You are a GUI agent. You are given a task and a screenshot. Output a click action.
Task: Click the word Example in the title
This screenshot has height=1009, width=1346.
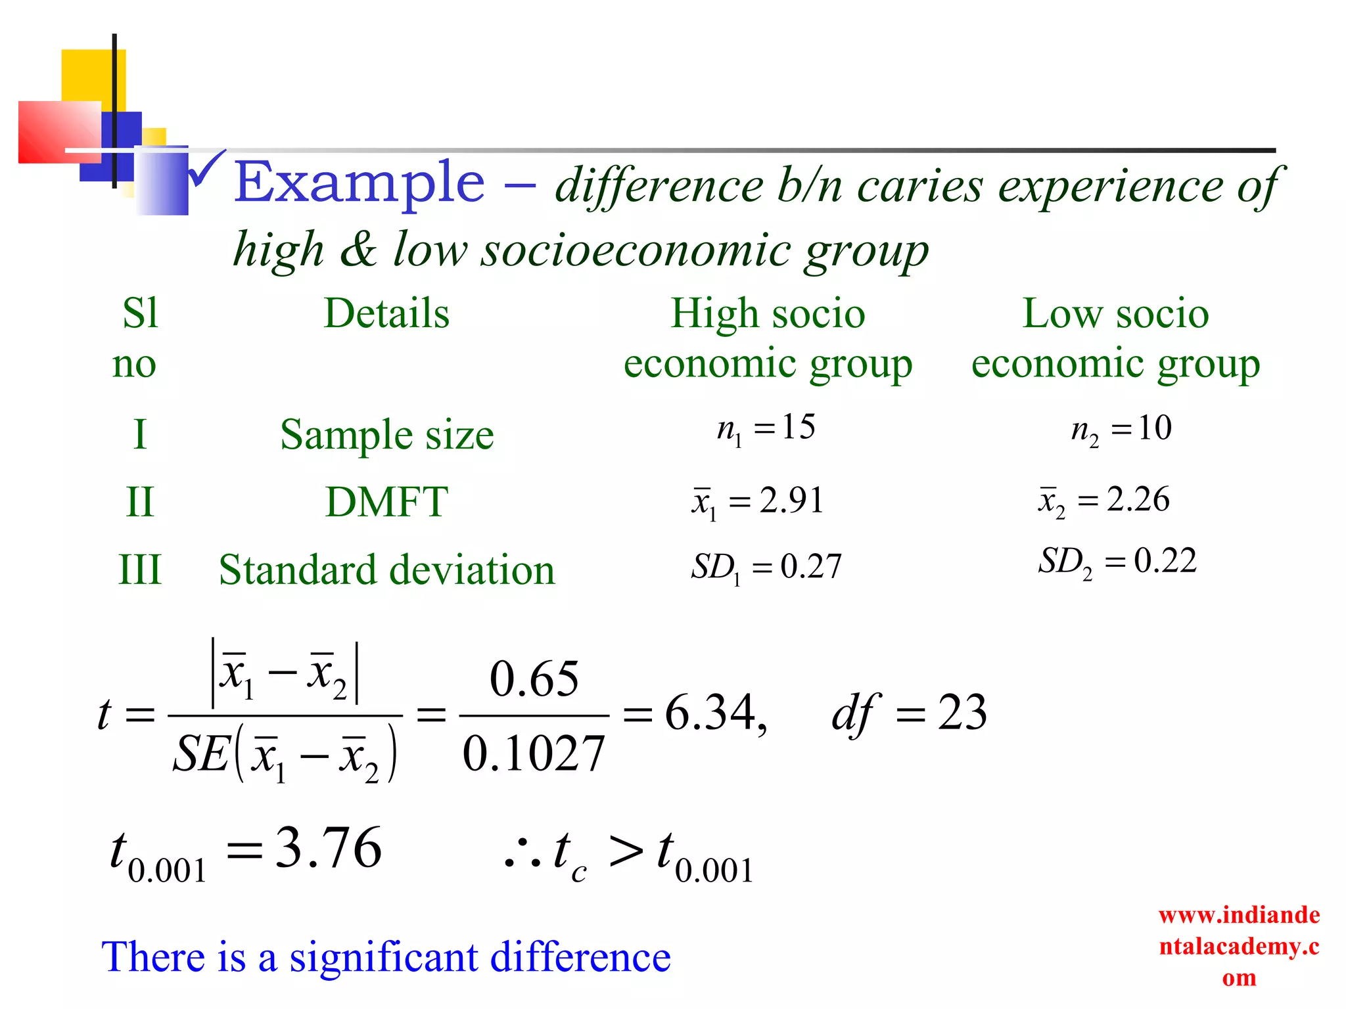(x=360, y=183)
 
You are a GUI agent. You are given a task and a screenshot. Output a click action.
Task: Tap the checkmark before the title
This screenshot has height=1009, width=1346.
(x=206, y=169)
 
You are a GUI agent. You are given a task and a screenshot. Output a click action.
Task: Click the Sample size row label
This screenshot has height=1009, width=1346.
(x=386, y=435)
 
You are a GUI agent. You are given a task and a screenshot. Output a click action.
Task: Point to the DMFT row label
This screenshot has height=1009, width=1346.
(x=386, y=502)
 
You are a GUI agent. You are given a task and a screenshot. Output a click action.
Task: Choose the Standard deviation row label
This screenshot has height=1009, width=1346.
(x=386, y=570)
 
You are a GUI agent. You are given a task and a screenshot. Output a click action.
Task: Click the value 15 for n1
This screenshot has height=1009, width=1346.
(x=799, y=427)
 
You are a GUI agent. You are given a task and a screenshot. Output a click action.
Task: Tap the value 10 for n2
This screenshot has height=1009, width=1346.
(x=1155, y=428)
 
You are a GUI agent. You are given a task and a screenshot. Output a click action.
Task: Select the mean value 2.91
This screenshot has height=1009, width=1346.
(x=791, y=501)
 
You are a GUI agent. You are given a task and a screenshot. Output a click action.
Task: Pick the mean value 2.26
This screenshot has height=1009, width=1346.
(x=1138, y=499)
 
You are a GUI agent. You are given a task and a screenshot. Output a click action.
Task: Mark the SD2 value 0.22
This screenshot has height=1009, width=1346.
(x=1165, y=561)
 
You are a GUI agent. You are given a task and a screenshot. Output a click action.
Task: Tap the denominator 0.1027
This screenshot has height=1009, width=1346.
(x=534, y=753)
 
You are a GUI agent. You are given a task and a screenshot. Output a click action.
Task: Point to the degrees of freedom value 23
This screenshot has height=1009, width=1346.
(x=962, y=713)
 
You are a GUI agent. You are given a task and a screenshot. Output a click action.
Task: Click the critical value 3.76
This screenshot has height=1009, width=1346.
(x=329, y=848)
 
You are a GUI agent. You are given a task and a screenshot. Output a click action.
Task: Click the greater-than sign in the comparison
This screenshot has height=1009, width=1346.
(x=625, y=851)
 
